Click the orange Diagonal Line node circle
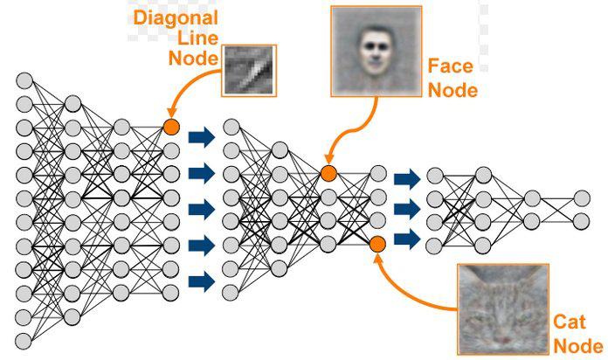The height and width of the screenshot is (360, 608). tap(170, 128)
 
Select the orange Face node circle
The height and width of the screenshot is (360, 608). tap(328, 173)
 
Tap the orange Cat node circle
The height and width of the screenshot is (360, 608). tap(377, 244)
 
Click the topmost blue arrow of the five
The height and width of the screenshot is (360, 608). tap(202, 135)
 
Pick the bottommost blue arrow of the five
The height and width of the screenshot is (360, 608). tap(202, 280)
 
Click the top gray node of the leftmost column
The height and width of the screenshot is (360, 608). tap(24, 81)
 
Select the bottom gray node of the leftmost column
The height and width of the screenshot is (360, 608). tap(24, 338)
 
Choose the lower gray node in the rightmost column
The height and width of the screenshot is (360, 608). tap(581, 221)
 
